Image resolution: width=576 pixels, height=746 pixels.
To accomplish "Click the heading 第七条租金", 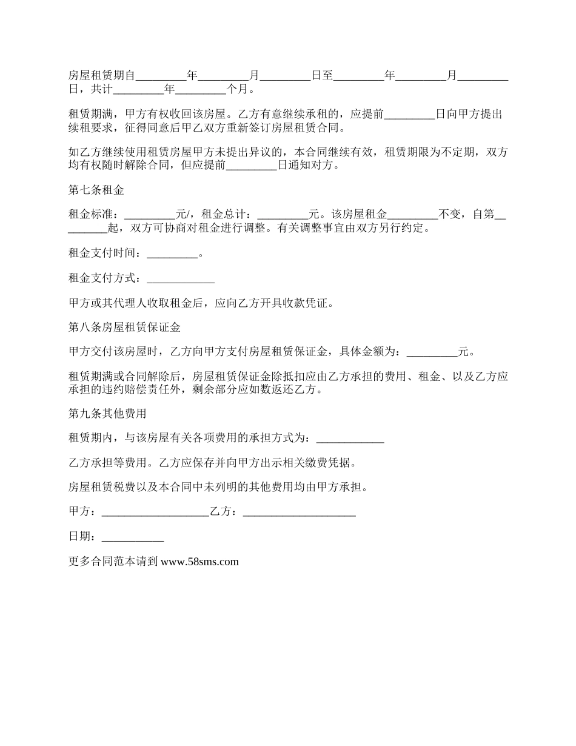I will tap(96, 190).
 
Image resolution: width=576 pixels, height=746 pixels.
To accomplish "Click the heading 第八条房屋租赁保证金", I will tap(125, 328).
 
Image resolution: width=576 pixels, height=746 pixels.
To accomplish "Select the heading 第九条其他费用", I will tap(107, 414).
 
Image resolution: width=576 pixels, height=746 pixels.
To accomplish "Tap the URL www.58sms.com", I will tap(200, 562).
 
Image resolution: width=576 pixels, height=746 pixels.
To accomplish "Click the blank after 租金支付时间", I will tap(172, 254).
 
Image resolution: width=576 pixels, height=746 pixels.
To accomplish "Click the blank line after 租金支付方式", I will tap(181, 279).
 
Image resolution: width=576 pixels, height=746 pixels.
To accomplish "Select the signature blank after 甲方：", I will tap(155, 512).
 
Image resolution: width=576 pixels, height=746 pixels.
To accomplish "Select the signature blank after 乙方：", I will tap(299, 512).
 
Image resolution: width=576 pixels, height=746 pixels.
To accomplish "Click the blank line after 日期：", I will tap(133, 537).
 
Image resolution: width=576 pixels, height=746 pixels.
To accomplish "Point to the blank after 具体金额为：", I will tap(432, 352).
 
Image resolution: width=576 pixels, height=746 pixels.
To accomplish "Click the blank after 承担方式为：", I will tap(350, 438).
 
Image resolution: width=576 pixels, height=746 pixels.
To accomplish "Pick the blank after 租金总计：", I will tap(283, 214).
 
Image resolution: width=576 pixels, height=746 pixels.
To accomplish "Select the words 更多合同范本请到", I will tap(113, 562).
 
